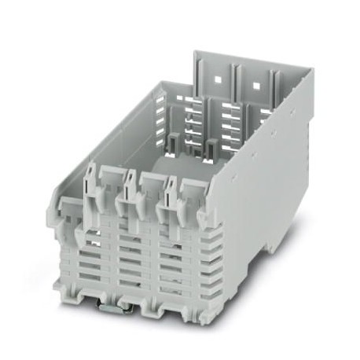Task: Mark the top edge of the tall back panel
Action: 252,61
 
